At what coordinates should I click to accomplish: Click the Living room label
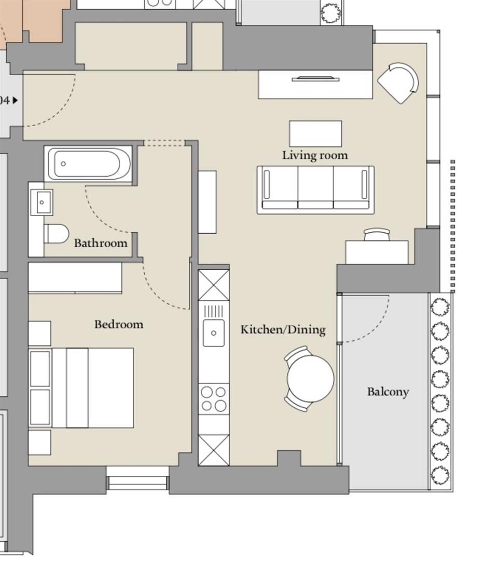tap(315, 155)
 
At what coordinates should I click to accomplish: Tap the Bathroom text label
tap(101, 243)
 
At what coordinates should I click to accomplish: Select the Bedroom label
tap(119, 324)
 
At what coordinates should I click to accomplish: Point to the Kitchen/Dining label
tap(283, 329)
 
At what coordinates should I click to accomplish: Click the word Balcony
tap(388, 392)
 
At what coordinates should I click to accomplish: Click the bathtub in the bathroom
tap(88, 164)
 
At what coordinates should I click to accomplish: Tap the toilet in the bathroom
tap(56, 234)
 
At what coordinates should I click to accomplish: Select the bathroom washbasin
tap(42, 203)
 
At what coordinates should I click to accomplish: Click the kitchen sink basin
tap(214, 333)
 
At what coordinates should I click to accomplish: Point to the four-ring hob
tap(214, 398)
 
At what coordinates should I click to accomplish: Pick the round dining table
tap(310, 379)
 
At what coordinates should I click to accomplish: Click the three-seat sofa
tap(315, 190)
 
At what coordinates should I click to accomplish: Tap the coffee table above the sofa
tap(315, 134)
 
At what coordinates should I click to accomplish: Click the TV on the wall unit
tap(315, 79)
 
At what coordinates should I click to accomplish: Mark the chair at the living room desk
tap(377, 235)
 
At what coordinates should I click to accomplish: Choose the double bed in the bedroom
tap(81, 388)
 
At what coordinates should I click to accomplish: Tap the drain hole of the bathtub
tap(63, 164)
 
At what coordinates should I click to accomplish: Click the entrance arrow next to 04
tap(15, 101)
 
